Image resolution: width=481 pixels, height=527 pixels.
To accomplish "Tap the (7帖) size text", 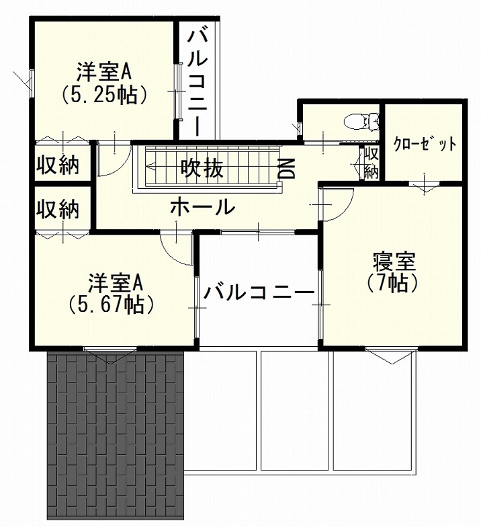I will tap(394, 283).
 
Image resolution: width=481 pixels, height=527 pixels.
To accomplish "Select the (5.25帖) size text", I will tap(103, 95).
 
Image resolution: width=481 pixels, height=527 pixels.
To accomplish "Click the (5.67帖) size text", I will tap(112, 305).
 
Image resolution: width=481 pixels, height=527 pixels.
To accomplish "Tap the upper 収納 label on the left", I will tap(58, 164).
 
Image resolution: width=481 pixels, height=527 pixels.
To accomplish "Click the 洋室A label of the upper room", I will tap(103, 71).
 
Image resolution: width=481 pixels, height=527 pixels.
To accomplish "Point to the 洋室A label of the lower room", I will tap(112, 281).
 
